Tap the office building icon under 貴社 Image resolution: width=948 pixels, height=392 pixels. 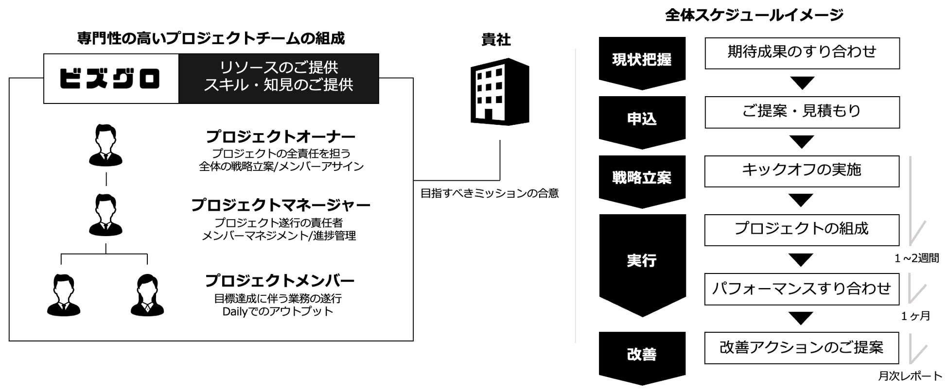[499, 92]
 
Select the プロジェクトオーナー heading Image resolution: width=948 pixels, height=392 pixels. [281, 136]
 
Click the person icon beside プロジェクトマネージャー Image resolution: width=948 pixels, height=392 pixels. [106, 215]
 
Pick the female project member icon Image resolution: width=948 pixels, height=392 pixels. [147, 295]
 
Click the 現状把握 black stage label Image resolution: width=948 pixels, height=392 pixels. [642, 60]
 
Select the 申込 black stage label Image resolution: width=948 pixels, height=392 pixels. [642, 119]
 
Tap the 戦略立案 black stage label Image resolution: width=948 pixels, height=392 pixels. [642, 178]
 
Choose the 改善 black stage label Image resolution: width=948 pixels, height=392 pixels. [642, 355]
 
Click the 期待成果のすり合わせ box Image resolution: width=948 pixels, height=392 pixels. [802, 52]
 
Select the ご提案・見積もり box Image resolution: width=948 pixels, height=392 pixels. [802, 112]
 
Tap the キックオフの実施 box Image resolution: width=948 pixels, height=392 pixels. [802, 170]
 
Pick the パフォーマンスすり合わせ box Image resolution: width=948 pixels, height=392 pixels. [802, 289]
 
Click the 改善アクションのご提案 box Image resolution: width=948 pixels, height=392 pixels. [802, 348]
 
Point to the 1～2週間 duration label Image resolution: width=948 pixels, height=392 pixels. [916, 258]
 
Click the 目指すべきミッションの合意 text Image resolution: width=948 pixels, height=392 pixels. [490, 194]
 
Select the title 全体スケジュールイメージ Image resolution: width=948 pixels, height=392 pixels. [754, 16]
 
